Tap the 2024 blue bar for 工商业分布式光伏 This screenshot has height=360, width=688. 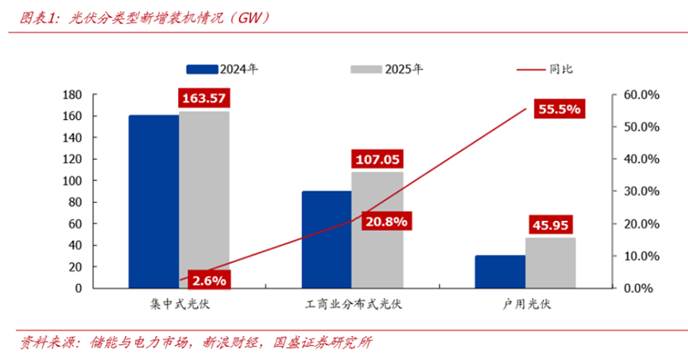[x=326, y=239]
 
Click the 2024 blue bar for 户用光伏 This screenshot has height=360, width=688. [x=500, y=271]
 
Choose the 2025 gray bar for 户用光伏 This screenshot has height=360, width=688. [x=551, y=263]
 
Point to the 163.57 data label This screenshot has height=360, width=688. [x=204, y=98]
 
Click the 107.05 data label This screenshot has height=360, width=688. [x=377, y=159]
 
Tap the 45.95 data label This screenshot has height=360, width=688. [x=551, y=224]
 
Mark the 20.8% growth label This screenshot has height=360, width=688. [x=386, y=221]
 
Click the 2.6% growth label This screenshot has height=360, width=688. [x=208, y=279]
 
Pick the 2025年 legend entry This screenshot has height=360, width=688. [x=386, y=69]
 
